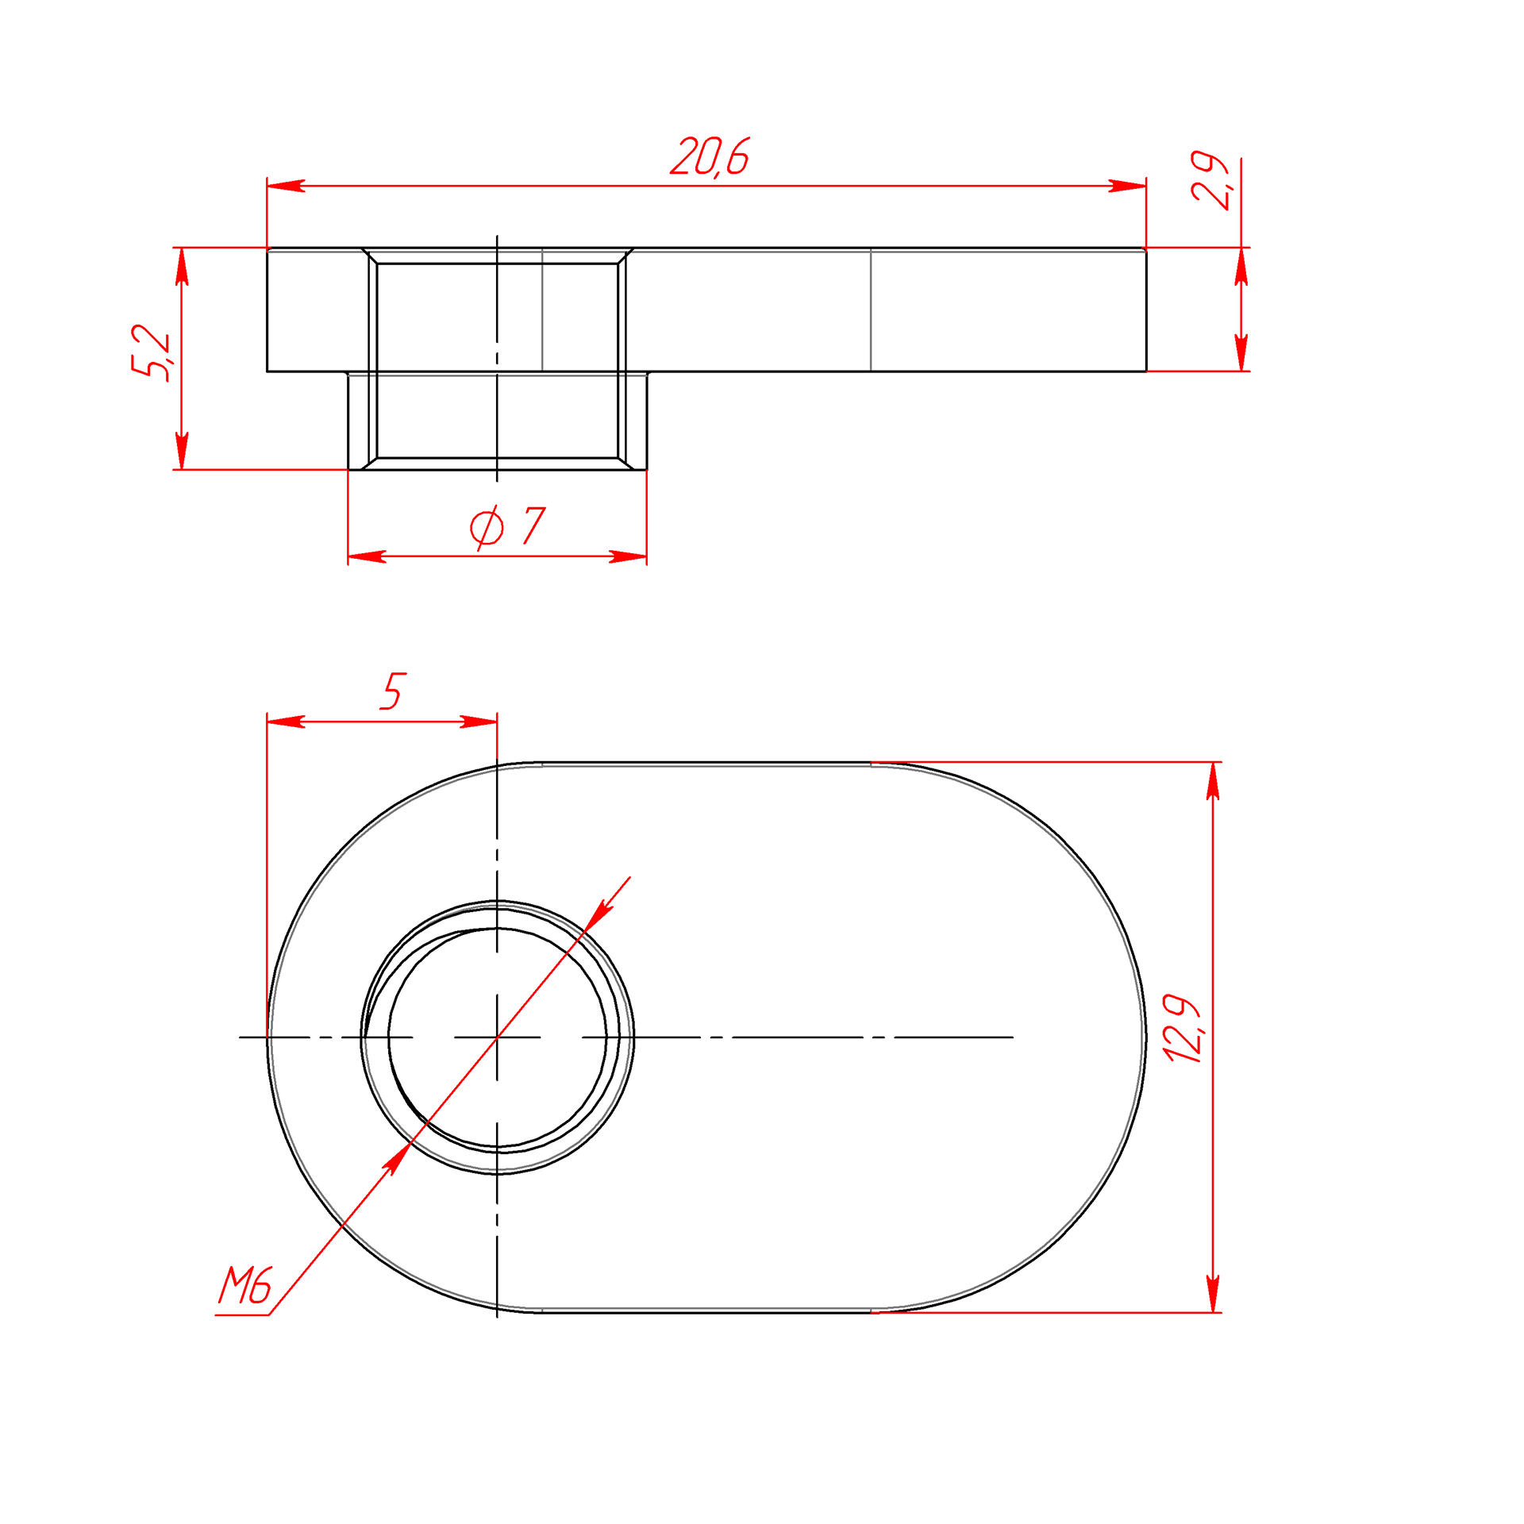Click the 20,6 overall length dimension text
click(710, 156)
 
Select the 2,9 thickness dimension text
click(1211, 180)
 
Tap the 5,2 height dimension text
click(151, 352)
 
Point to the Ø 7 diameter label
click(508, 527)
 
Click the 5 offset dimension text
click(393, 691)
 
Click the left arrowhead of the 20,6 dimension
click(286, 186)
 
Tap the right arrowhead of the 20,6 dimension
click(1127, 186)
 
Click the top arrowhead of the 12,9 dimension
click(1213, 781)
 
